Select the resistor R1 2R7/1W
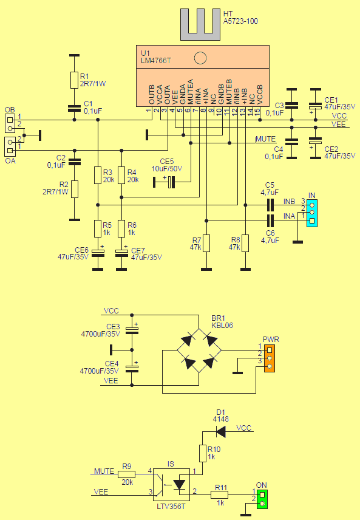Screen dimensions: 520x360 74,80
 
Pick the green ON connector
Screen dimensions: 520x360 262,498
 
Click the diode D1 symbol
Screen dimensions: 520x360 221,432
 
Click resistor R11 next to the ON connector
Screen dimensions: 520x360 220,494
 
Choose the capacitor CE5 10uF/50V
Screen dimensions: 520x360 168,180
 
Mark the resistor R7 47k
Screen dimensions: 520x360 206,242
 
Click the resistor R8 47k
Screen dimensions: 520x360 245,242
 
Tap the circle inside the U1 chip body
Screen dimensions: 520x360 200,58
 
